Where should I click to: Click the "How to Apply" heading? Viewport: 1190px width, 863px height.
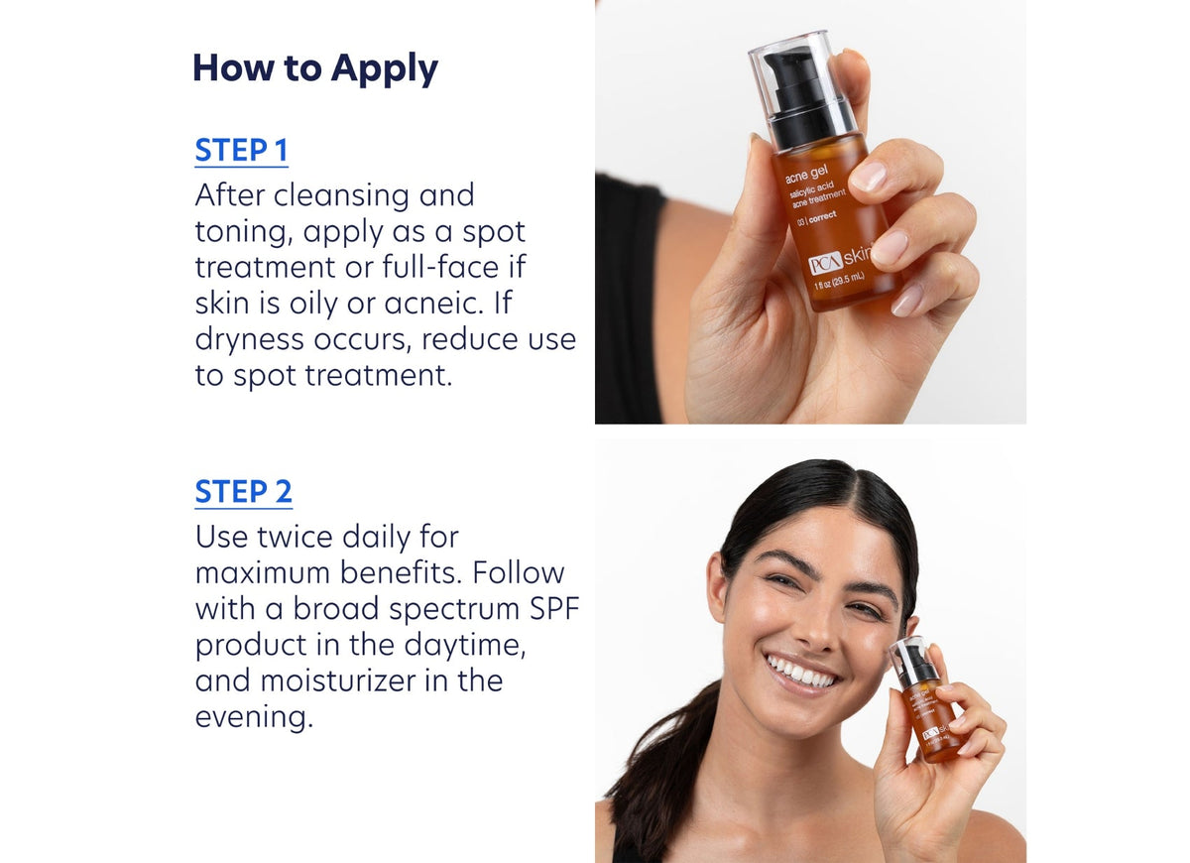click(315, 68)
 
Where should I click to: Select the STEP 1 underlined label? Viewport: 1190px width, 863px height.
click(241, 151)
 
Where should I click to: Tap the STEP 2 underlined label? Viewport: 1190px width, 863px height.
click(243, 492)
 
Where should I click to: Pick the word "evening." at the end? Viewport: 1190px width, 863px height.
click(254, 716)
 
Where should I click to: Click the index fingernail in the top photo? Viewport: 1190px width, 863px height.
click(868, 177)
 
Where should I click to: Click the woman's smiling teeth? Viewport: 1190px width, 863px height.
click(802, 673)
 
